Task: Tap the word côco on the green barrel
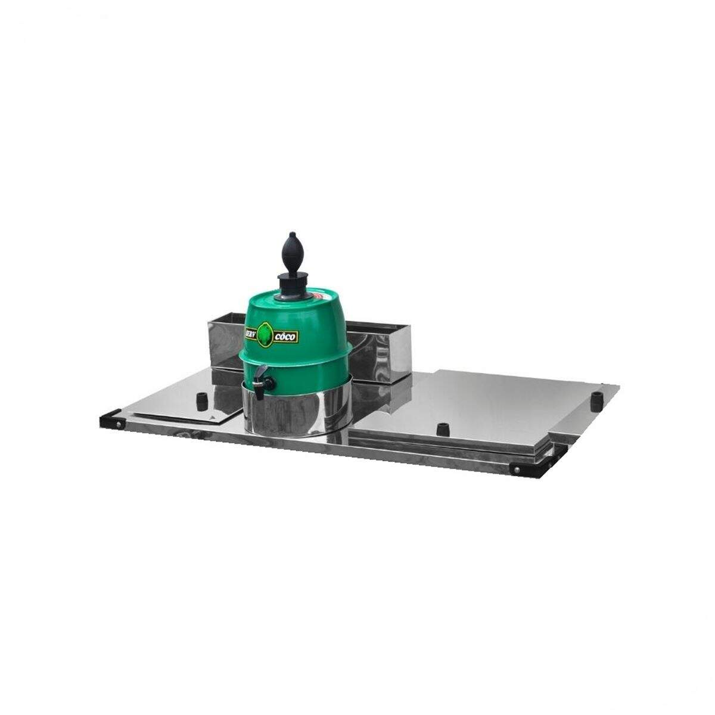click(286, 337)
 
